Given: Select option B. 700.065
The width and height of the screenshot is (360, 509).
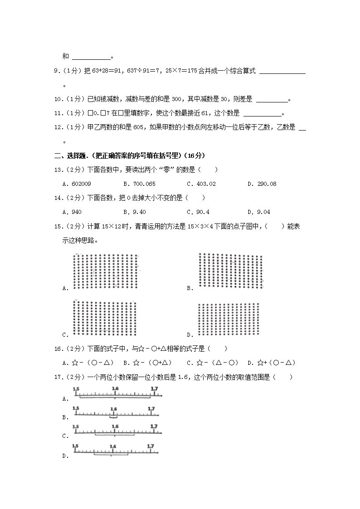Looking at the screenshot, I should pos(139,184).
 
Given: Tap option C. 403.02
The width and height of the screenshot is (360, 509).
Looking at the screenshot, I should pos(201,184).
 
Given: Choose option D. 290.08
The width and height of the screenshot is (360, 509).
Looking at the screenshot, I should pos(262,184).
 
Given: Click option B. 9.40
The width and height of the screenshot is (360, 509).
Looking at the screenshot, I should pos(134,212).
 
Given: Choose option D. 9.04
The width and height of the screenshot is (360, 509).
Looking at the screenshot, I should pos(258,212).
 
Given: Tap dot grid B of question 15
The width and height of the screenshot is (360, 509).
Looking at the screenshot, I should pos(230,271).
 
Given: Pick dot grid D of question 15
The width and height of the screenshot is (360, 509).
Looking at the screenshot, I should pos(229,320).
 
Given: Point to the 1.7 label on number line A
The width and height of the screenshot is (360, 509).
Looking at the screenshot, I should pos(154,389).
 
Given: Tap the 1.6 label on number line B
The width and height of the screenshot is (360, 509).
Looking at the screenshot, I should pos(113,409).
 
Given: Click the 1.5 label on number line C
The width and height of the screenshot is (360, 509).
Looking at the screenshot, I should pos(76,427).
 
